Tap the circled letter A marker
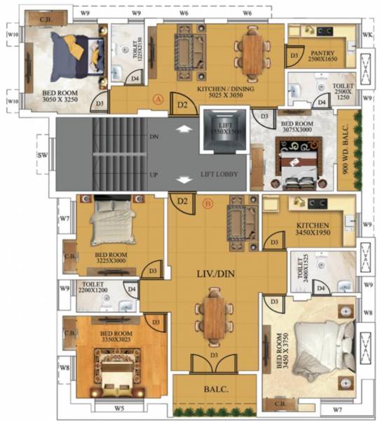158,100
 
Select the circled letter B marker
208,204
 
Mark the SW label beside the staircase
42,155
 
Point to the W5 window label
120,408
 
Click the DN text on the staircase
154,138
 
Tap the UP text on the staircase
154,172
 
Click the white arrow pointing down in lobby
184,180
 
